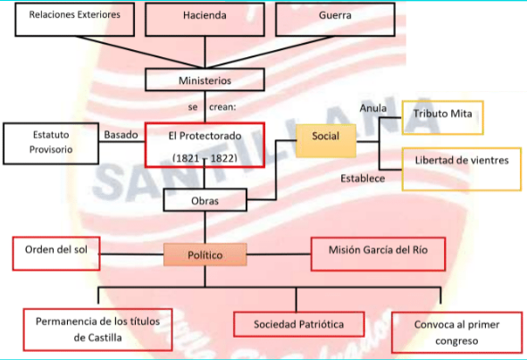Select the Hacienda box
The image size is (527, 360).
tap(205, 17)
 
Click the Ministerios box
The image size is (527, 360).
tap(205, 80)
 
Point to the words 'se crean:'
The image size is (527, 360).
tap(211, 106)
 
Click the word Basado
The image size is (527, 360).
tap(121, 135)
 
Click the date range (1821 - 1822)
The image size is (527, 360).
tap(204, 157)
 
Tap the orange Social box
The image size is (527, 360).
tap(325, 136)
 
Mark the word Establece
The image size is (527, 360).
tap(363, 179)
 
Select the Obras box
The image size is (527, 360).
tap(205, 200)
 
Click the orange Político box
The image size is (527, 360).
tap(205, 255)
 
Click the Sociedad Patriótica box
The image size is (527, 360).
tap(298, 323)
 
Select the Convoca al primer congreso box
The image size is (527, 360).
tap(456, 331)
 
